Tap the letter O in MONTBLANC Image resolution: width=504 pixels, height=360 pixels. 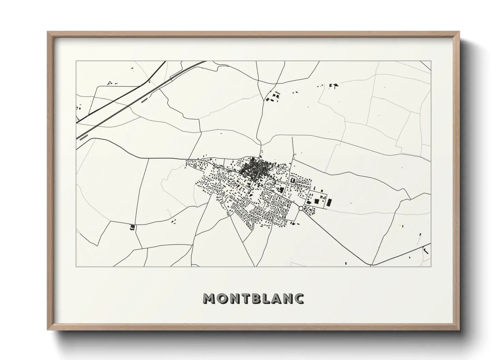(x=222, y=298)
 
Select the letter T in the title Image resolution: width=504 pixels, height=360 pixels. (x=247, y=298)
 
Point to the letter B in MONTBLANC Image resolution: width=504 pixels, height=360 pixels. (x=258, y=298)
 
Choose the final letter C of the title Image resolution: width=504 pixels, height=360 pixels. (x=300, y=298)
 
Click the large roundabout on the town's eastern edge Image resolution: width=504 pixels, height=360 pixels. (x=301, y=208)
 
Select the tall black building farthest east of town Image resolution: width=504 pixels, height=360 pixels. (x=329, y=203)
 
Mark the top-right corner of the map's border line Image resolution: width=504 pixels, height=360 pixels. (x=431, y=61)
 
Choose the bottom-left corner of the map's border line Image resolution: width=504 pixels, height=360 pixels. (x=76, y=266)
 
